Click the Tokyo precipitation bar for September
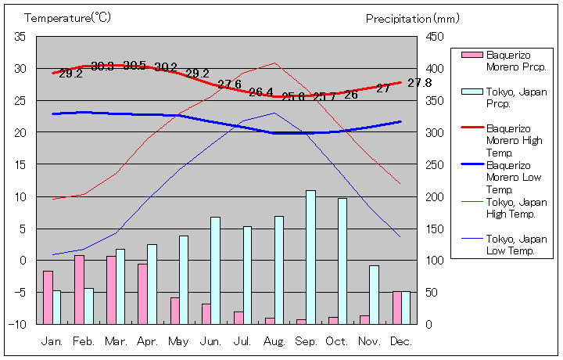[310, 257]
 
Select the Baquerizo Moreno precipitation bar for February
[79, 290]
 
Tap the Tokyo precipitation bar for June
[215, 270]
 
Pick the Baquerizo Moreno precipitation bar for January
[48, 297]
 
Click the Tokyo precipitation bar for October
[342, 261]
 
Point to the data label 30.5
[134, 66]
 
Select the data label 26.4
[260, 92]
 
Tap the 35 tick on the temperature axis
[20, 36]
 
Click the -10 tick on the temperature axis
[19, 323]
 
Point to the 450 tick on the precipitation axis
[436, 36]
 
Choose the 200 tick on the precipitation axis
[436, 196]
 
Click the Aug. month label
[274, 341]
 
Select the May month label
[178, 341]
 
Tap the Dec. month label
[400, 341]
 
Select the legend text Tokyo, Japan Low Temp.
[516, 244]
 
